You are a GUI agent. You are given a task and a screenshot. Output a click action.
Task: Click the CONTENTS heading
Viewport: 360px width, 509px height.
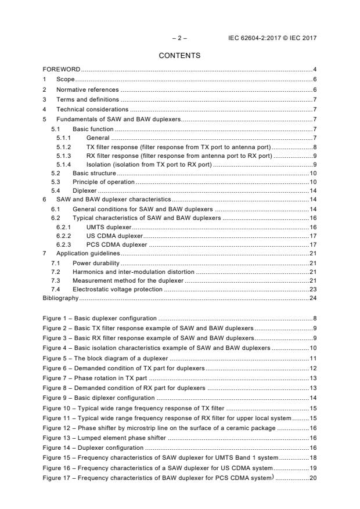coord(179,56)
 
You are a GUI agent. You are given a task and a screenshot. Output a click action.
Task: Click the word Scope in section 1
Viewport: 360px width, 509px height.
coord(66,80)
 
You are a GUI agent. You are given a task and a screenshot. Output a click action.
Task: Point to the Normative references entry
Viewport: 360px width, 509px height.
coord(87,89)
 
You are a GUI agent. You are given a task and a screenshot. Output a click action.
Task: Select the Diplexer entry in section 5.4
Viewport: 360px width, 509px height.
coord(84,190)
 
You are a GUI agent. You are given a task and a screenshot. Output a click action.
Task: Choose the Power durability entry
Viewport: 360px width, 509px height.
coord(96,263)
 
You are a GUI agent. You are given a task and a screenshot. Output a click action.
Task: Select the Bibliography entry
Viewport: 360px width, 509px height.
coord(60,298)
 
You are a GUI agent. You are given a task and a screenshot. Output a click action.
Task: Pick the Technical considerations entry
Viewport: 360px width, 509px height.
coord(92,109)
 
